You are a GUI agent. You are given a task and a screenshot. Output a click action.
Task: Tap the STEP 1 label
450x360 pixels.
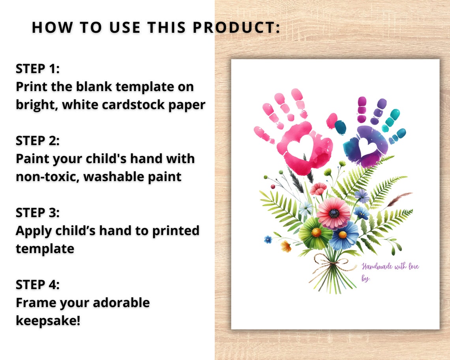[x=37, y=69]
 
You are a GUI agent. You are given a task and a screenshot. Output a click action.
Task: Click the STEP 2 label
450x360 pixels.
[x=37, y=141]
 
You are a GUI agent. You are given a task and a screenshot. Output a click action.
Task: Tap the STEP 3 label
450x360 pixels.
[x=37, y=212]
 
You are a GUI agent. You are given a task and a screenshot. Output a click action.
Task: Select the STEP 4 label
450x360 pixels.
[x=37, y=284]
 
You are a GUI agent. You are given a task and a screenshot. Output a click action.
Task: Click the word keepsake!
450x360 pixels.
[x=48, y=320]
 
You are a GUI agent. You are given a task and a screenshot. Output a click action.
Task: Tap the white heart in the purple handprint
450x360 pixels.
[x=367, y=147]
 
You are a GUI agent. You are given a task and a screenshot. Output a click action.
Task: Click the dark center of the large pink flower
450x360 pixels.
[x=334, y=214]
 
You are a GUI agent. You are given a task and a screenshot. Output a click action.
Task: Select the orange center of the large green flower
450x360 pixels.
[x=316, y=232]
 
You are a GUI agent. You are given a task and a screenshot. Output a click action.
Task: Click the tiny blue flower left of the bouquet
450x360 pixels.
[x=268, y=239]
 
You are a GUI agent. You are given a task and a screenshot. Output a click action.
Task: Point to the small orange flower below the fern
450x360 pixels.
[x=286, y=247]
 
